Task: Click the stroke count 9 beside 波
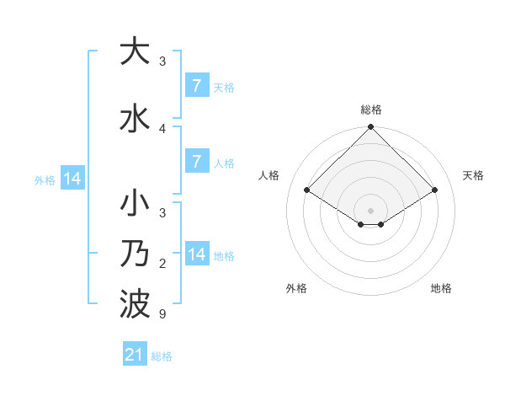click(162, 314)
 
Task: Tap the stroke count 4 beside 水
click(162, 128)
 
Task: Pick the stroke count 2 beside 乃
click(162, 265)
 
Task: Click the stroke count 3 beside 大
click(162, 61)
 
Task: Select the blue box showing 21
click(134, 355)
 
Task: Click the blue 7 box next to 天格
click(196, 85)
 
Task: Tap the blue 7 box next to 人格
click(196, 161)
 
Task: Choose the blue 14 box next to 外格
click(72, 179)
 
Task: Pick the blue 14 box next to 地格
click(196, 254)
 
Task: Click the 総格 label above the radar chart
click(370, 110)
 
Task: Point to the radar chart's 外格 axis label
click(296, 288)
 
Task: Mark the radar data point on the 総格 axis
click(370, 127)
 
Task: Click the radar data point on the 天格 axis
click(435, 190)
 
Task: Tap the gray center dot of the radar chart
click(370, 210)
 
